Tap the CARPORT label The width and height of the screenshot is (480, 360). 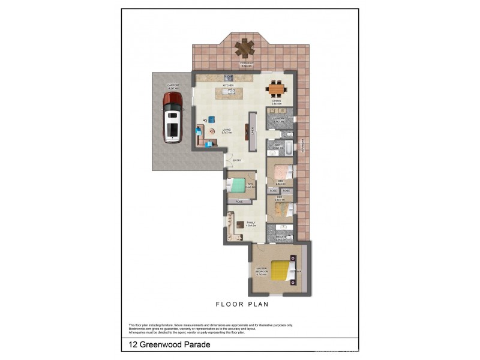tap(174, 86)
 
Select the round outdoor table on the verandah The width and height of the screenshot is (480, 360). tap(244, 47)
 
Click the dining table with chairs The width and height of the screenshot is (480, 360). tap(277, 89)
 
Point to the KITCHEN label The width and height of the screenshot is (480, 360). tap(228, 86)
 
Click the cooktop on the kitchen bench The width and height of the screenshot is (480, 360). tap(229, 77)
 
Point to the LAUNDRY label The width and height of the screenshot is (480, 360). tap(278, 119)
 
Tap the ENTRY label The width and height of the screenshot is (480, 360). tap(237, 160)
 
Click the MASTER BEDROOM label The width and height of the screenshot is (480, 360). tap(261, 272)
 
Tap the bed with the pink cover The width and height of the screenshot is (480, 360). tap(279, 174)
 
